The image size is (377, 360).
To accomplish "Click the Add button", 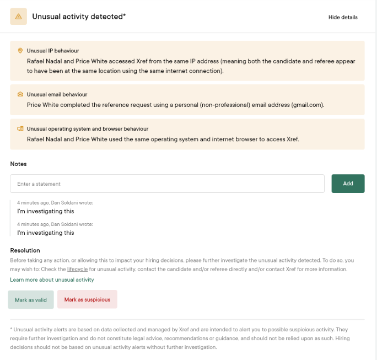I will click(x=348, y=184).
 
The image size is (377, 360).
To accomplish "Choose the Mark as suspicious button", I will click(x=87, y=299).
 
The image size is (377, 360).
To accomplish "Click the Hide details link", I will click(x=343, y=17).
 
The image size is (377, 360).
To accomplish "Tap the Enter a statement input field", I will click(x=167, y=184).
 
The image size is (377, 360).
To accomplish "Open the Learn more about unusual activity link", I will click(x=52, y=280).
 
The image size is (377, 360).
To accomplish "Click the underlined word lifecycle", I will click(x=77, y=269).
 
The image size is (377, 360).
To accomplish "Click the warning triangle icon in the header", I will click(x=19, y=17).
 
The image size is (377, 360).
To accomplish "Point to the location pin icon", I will click(x=20, y=50).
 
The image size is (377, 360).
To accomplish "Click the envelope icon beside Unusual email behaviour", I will click(x=20, y=94).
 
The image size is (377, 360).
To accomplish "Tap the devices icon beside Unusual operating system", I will click(x=20, y=128).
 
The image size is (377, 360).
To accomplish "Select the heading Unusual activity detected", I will click(x=79, y=17).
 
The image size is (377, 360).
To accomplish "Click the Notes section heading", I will click(x=18, y=164).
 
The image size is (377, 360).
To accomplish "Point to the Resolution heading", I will click(x=25, y=250).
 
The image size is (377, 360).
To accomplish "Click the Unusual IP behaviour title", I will click(x=53, y=50).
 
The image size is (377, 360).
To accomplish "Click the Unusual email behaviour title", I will click(x=57, y=94).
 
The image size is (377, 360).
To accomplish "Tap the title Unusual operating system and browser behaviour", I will click(x=87, y=128).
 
